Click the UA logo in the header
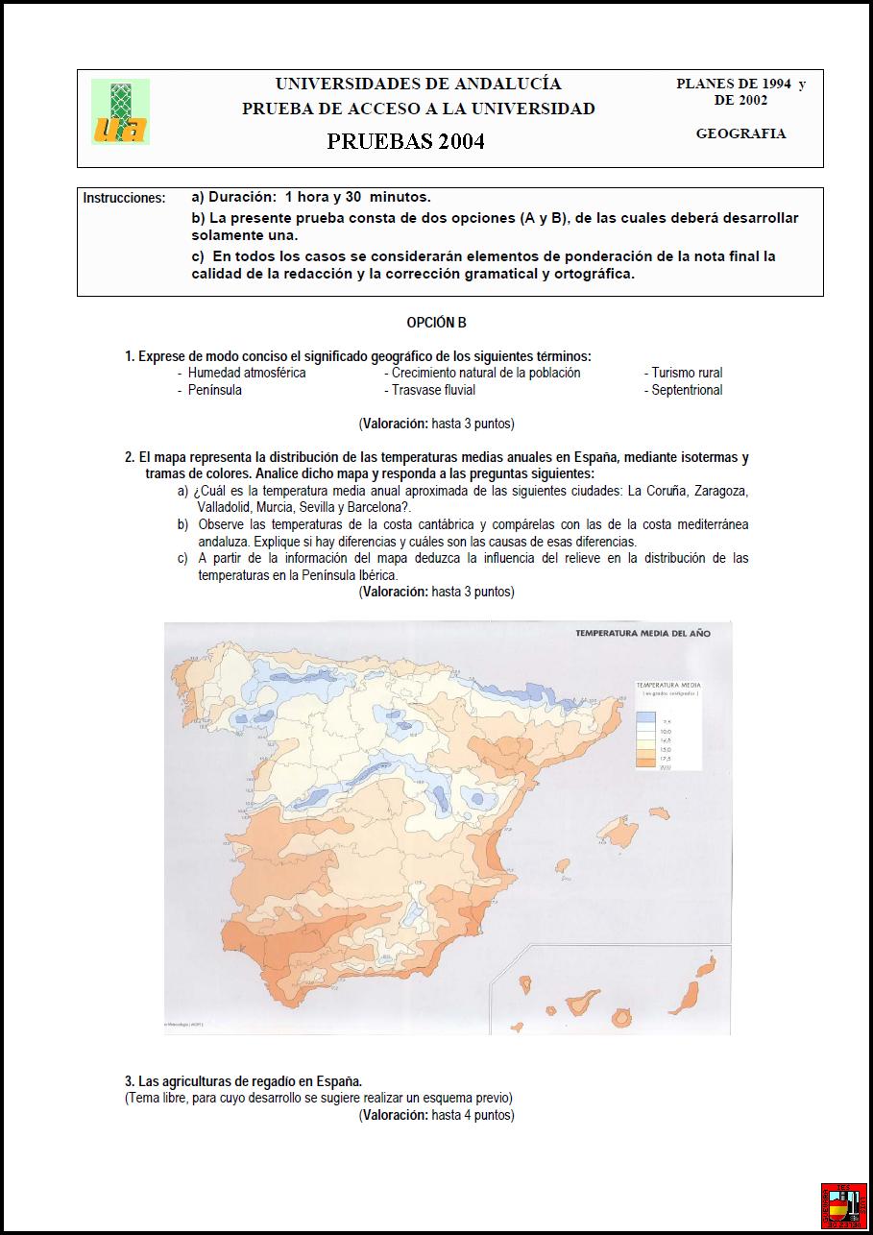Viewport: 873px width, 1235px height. point(121,112)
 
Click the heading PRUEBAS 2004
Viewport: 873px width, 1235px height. point(405,142)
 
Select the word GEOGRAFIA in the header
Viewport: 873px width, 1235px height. point(740,133)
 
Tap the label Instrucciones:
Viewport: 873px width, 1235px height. point(124,198)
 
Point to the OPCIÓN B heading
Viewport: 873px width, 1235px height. point(436,324)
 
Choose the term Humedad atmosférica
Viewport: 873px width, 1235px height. point(247,373)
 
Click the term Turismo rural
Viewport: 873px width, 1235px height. point(687,373)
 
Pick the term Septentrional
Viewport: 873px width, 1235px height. point(687,390)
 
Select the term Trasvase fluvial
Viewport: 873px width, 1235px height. point(433,390)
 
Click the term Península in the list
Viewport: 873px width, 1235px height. point(215,390)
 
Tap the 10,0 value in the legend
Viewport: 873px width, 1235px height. point(667,732)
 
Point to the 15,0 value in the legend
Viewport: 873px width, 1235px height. point(667,749)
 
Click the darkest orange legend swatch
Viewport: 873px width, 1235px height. point(645,763)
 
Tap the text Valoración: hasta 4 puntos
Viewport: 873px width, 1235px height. point(436,1115)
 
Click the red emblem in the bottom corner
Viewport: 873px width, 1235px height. point(843,1205)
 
